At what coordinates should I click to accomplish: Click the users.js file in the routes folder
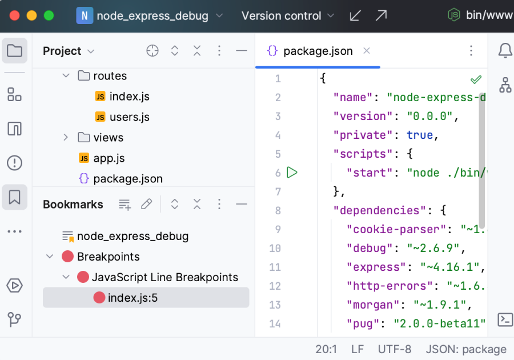pyautogui.click(x=129, y=117)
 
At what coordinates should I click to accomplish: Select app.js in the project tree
pyautogui.click(x=109, y=158)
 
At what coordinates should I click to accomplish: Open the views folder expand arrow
pyautogui.click(x=66, y=138)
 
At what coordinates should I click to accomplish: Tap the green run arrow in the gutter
pyautogui.click(x=292, y=173)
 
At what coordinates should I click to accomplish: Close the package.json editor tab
pyautogui.click(x=367, y=51)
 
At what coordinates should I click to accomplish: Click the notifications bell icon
pyautogui.click(x=505, y=51)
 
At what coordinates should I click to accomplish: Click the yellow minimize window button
pyautogui.click(x=31, y=16)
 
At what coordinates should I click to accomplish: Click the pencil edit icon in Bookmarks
pyautogui.click(x=147, y=204)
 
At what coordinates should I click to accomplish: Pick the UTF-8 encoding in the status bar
pyautogui.click(x=394, y=349)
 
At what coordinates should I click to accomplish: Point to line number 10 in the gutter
pyautogui.click(x=275, y=249)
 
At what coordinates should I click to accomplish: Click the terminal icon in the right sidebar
pyautogui.click(x=505, y=319)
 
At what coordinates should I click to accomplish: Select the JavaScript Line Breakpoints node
pyautogui.click(x=164, y=277)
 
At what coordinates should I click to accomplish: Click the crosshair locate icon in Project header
pyautogui.click(x=152, y=51)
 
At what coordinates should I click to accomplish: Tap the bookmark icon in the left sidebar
pyautogui.click(x=15, y=197)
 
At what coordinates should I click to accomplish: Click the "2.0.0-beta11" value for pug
pyautogui.click(x=439, y=324)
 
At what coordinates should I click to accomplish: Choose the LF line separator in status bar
pyautogui.click(x=358, y=349)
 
